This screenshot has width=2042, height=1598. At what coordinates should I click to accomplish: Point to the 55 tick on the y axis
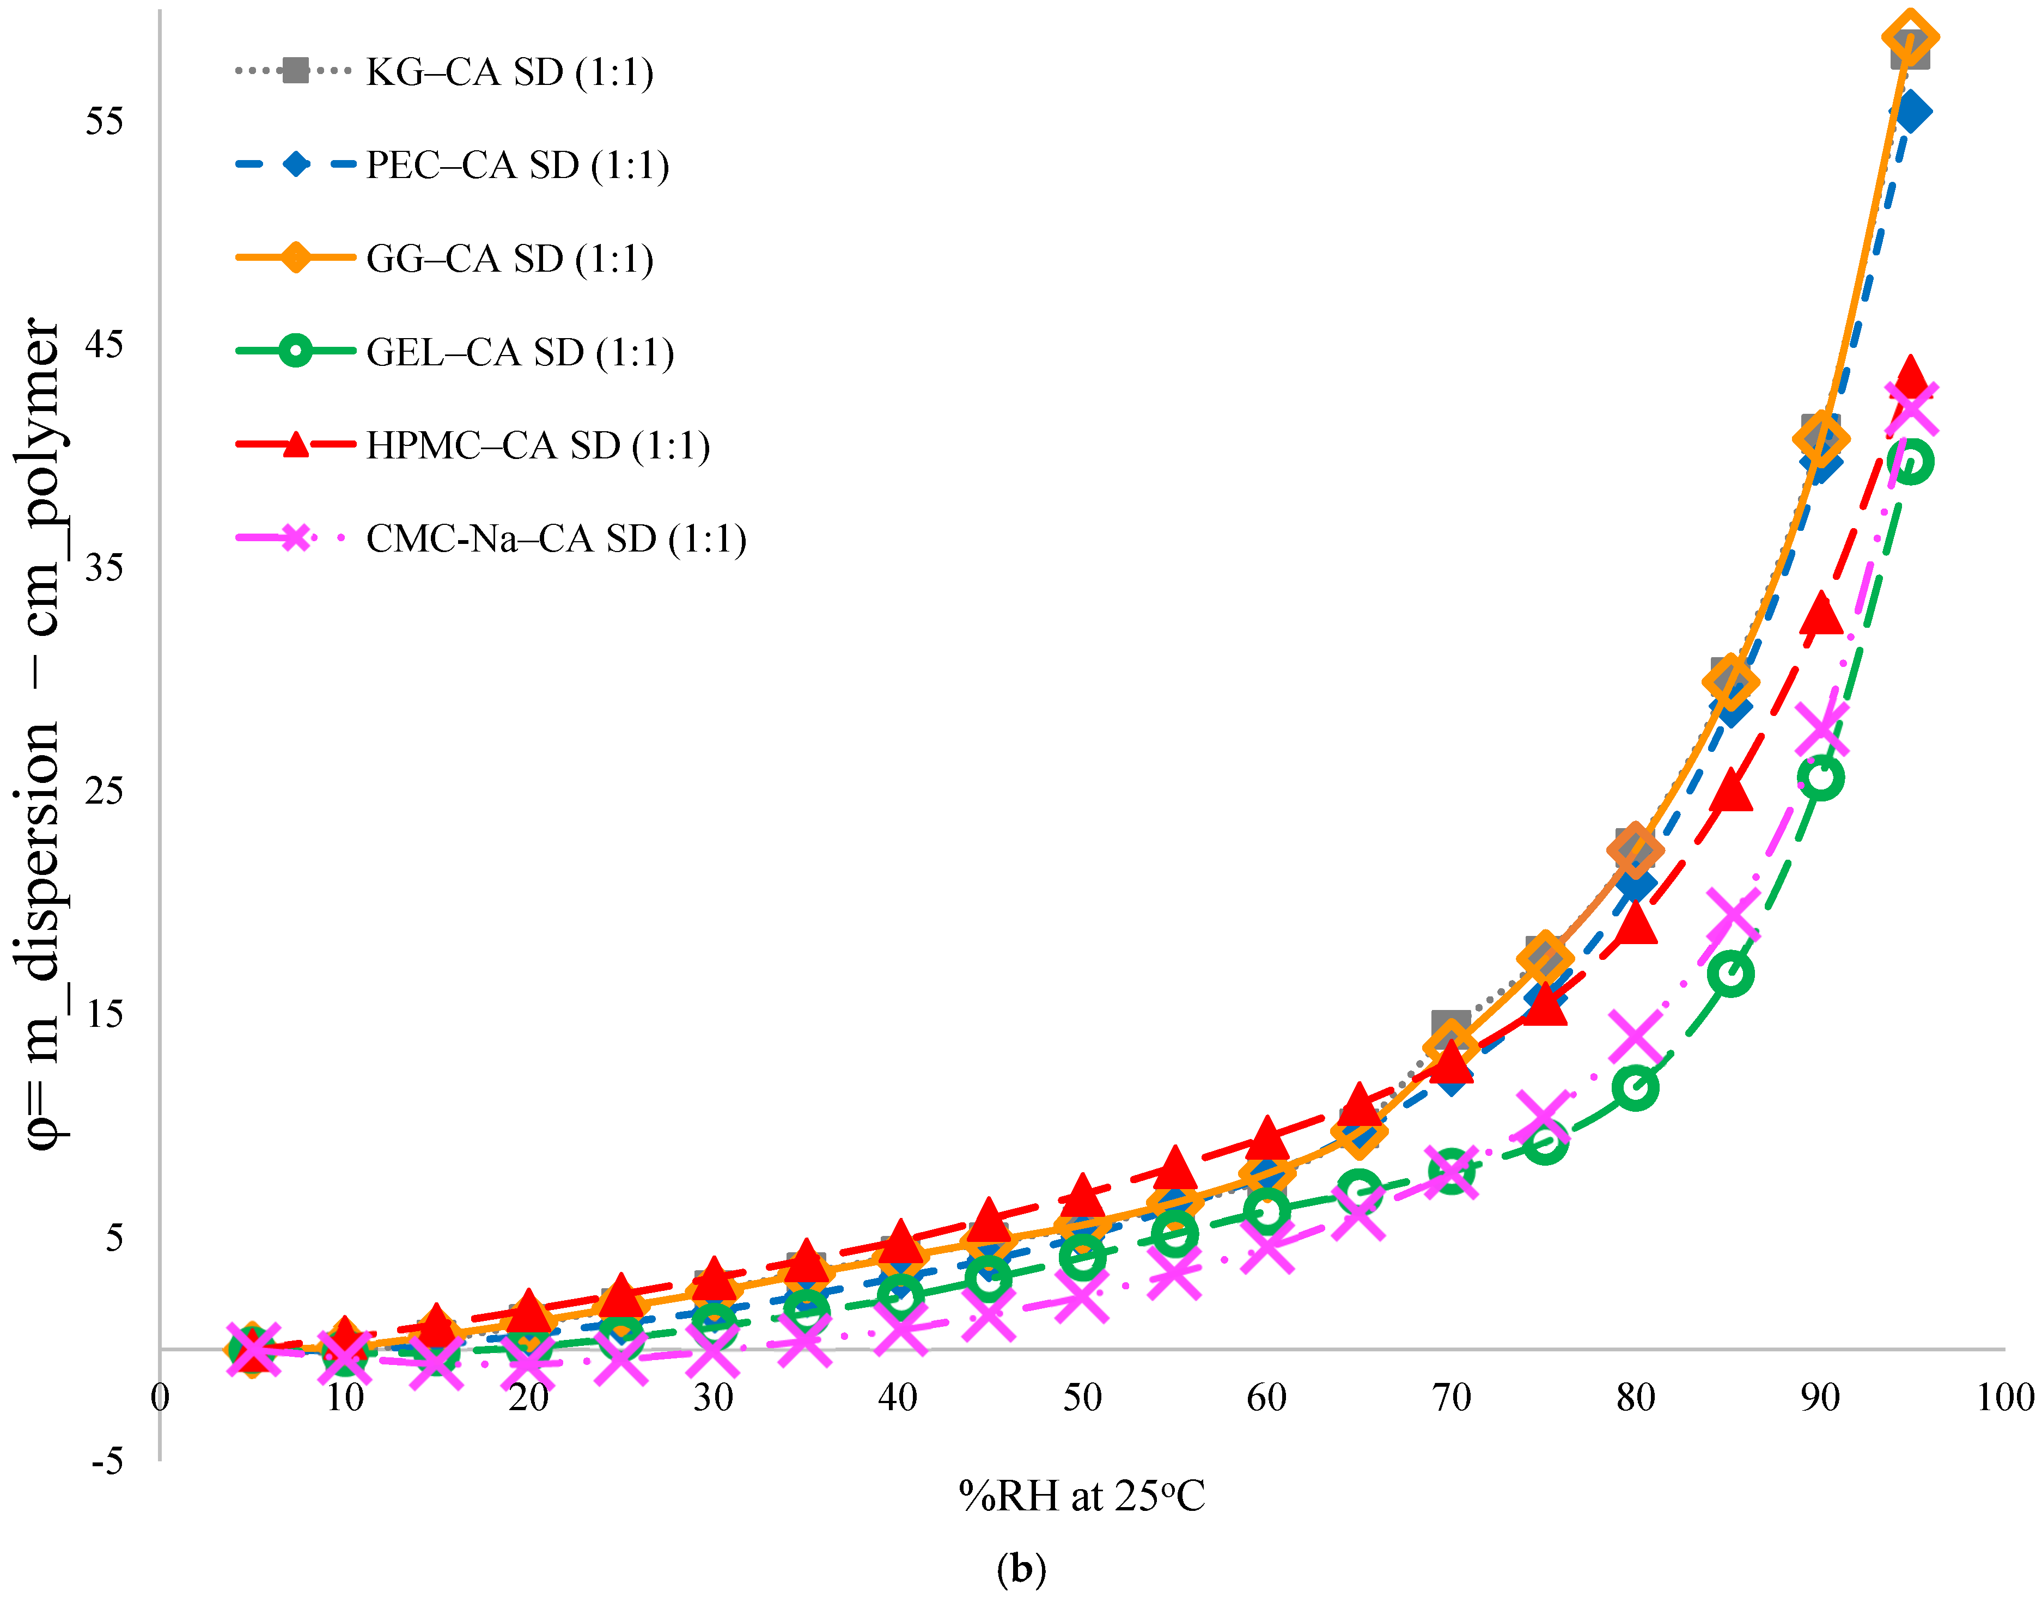104,121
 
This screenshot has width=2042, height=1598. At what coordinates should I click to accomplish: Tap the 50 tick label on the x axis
1082,1398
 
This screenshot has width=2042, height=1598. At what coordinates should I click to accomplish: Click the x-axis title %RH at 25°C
1082,1496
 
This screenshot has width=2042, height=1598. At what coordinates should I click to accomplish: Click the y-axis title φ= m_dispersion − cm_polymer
42,734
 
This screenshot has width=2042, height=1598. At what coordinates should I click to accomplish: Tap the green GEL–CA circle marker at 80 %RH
1635,1087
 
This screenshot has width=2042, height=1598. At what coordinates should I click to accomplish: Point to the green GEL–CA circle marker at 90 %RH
1821,776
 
